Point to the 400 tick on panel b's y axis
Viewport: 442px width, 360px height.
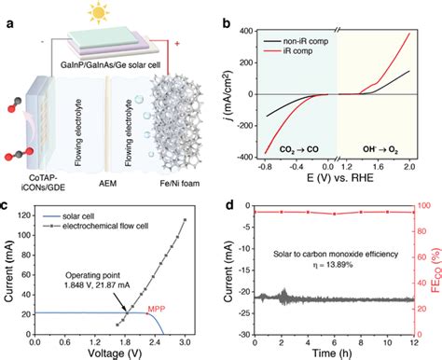(245, 31)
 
